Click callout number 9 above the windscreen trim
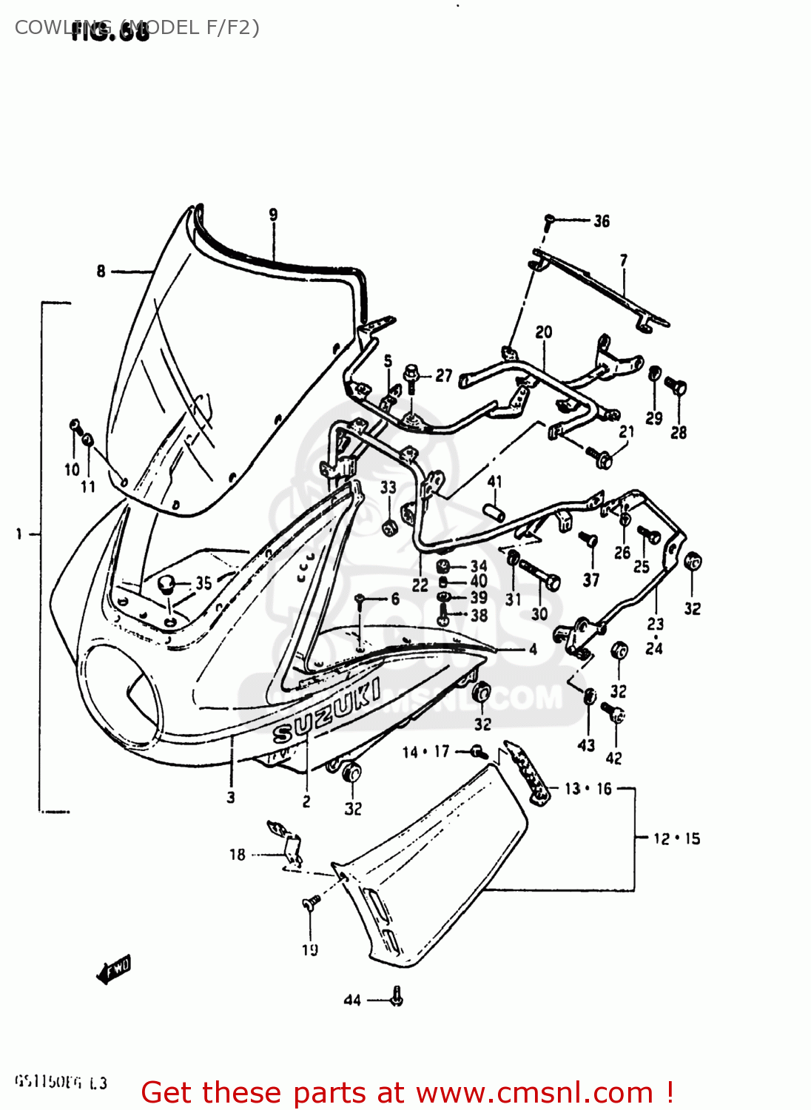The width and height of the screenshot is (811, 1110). pyautogui.click(x=273, y=215)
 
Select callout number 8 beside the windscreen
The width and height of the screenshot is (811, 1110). pyautogui.click(x=101, y=272)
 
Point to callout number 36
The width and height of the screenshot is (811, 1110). pyautogui.click(x=602, y=221)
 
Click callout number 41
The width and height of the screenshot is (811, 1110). pyautogui.click(x=495, y=482)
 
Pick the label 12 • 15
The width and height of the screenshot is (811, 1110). pyautogui.click(x=676, y=838)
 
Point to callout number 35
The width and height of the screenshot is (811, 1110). pyautogui.click(x=203, y=583)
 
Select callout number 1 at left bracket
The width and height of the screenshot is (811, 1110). pyautogui.click(x=18, y=534)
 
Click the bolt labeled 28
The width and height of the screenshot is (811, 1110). pyautogui.click(x=676, y=387)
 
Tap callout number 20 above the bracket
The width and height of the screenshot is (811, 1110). pyautogui.click(x=544, y=332)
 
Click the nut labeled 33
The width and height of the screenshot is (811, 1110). pyautogui.click(x=389, y=526)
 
